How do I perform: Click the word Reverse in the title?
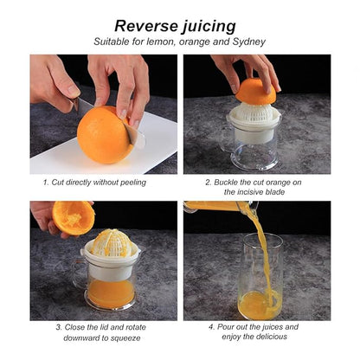pos(146,26)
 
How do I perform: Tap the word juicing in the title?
pos(209,27)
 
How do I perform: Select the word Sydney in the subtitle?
pos(249,42)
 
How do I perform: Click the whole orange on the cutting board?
pos(105,135)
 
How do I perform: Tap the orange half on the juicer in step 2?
pos(255,91)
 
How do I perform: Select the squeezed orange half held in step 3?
pos(74,218)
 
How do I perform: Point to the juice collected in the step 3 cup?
pos(111,294)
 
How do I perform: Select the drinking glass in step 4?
pos(260,276)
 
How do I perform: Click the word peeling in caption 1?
pos(133,183)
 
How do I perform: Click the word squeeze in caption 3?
pos(126,337)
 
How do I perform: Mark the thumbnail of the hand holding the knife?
pos(74,91)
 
